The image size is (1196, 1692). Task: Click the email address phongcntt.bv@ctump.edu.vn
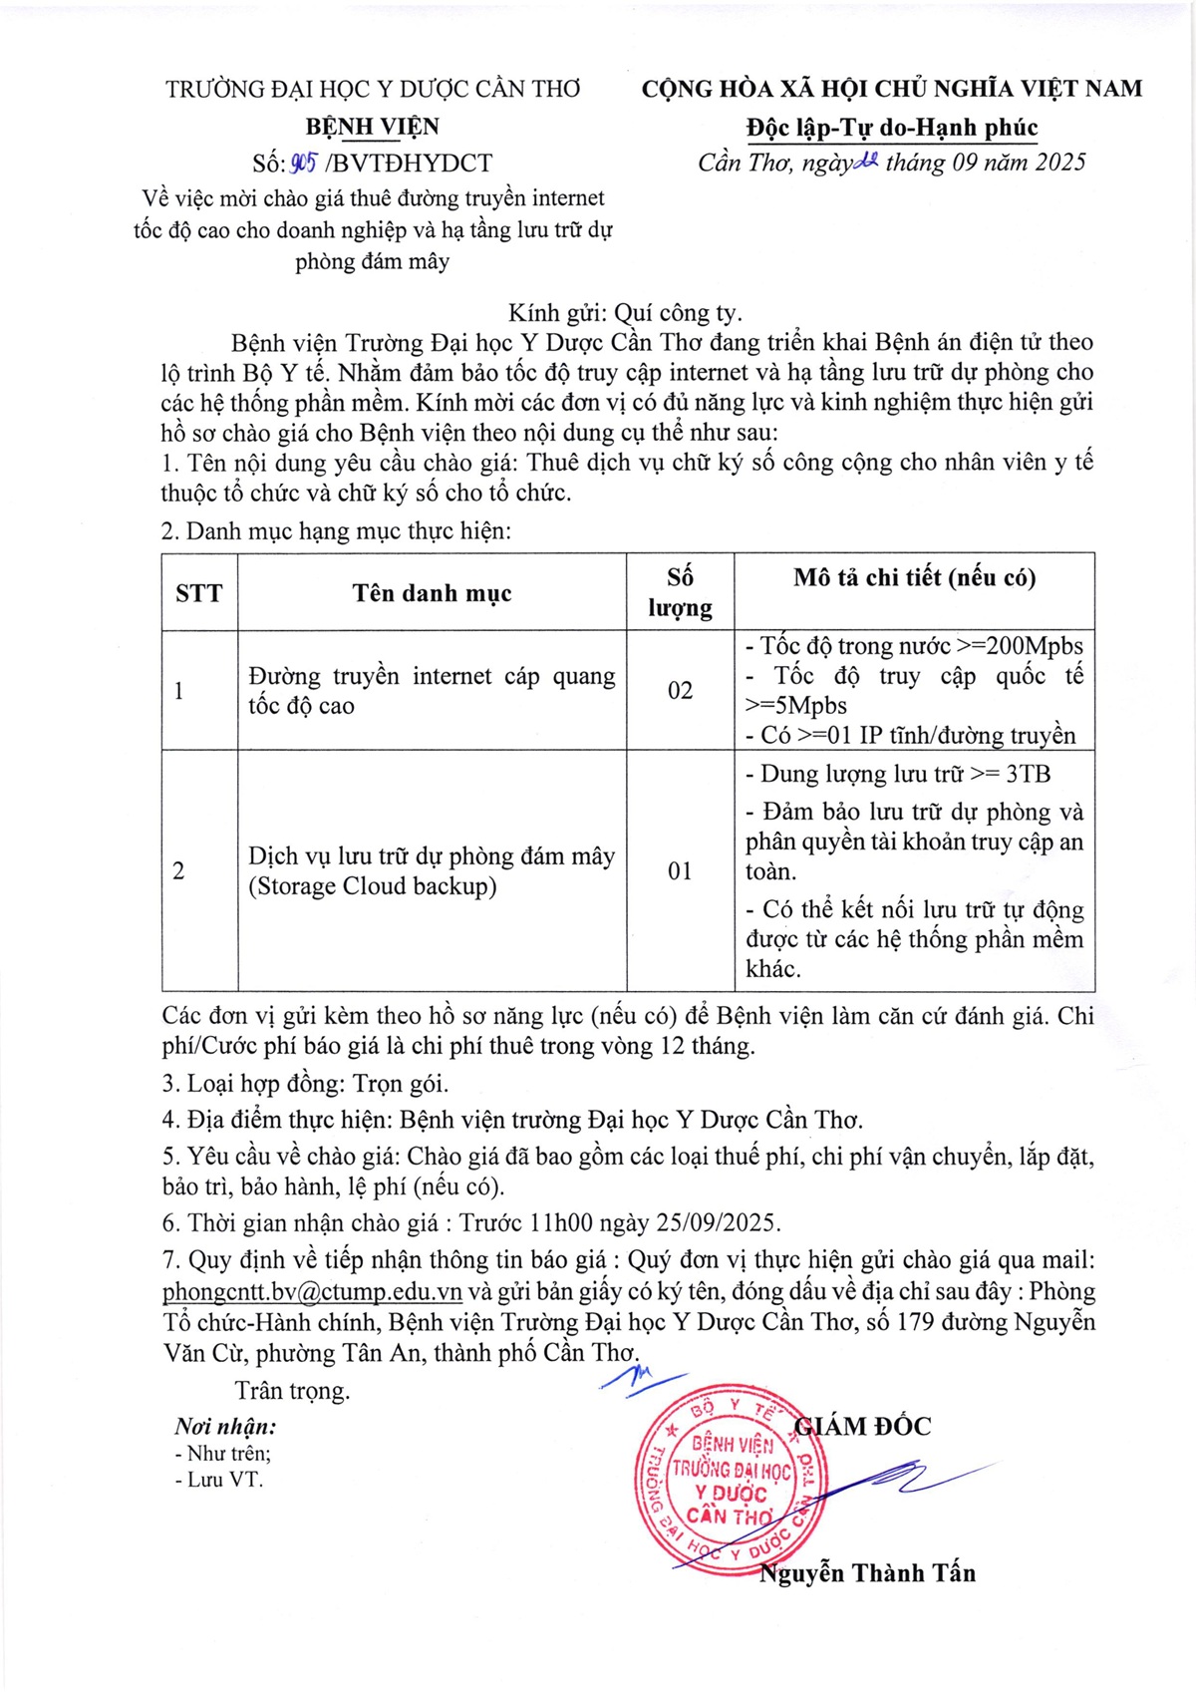click(x=312, y=1291)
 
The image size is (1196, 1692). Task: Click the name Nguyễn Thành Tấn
click(x=867, y=1573)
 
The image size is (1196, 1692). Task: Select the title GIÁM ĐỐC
click(x=863, y=1427)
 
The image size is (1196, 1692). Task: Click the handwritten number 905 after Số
click(x=303, y=163)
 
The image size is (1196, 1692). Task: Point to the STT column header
click(x=199, y=593)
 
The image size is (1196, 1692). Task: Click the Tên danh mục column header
click(x=432, y=593)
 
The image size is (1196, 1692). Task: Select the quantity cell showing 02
click(x=680, y=690)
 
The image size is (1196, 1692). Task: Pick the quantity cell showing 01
click(x=680, y=870)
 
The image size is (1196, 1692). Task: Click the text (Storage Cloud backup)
click(x=373, y=886)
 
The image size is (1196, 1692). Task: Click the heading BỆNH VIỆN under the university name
click(x=372, y=127)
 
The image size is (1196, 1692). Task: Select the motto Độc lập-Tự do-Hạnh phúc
click(x=892, y=128)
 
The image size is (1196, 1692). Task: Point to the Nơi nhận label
click(x=225, y=1427)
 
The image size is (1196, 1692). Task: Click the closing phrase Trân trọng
click(x=292, y=1391)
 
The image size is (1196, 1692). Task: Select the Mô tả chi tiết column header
click(x=914, y=578)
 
